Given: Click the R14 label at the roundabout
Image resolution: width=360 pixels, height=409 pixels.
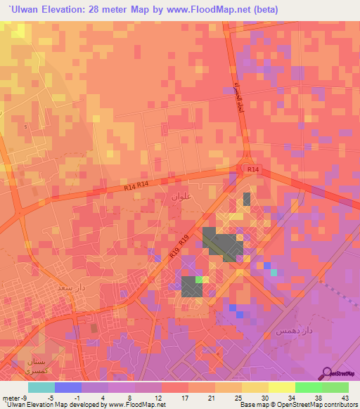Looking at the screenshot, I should [252, 169].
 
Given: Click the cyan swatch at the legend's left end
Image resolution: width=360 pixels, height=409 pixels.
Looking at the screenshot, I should [41, 387].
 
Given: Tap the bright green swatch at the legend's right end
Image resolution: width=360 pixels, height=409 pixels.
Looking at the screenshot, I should [335, 387].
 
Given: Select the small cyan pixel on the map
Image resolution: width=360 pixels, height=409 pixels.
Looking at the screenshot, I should [274, 272].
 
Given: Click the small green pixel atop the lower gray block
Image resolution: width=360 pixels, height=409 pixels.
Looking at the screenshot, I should [198, 280].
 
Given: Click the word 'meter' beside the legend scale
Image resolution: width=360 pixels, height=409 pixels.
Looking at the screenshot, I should [10, 398].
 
